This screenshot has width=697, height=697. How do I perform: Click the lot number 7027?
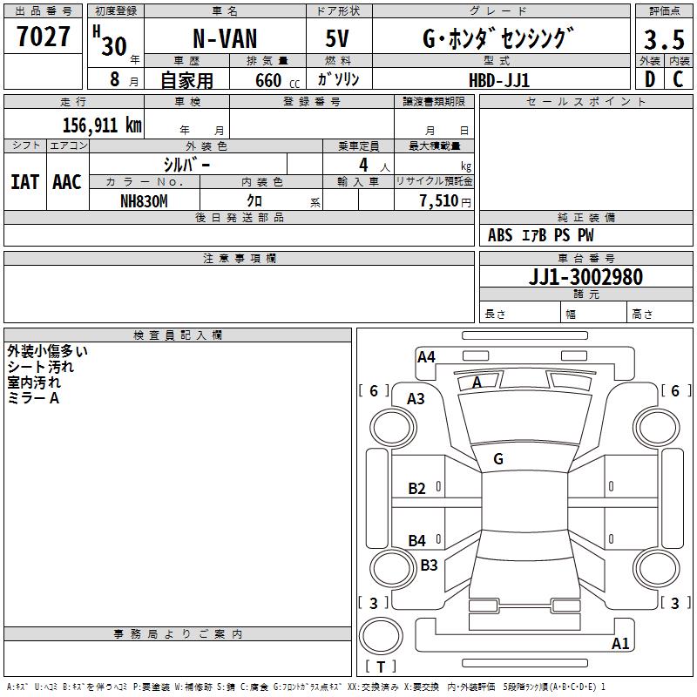pos(44,37)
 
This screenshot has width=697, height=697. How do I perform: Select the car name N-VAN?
pos(225,38)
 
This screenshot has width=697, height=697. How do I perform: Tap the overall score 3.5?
pos(664,39)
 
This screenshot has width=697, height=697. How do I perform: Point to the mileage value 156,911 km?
pos(102,125)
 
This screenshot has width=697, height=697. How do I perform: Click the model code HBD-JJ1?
pos(499,80)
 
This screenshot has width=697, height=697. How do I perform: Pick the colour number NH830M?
pos(144,201)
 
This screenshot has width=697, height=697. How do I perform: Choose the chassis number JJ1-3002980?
pos(585,277)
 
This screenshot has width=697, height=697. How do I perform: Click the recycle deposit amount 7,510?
pos(439,201)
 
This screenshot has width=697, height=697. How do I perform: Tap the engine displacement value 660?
pos(268,80)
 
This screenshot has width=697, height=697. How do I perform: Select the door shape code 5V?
pos(337,38)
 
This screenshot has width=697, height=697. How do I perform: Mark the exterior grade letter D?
pos(650,79)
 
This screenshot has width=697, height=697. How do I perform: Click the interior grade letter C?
pos(678,79)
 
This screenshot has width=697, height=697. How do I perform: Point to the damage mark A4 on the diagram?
pos(426,356)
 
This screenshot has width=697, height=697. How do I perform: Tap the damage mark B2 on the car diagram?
pos(417,489)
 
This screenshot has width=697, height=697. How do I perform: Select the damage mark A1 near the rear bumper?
pos(620,643)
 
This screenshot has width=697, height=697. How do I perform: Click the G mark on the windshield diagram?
pos(498,459)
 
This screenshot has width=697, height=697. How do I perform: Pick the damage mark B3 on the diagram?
pos(429,565)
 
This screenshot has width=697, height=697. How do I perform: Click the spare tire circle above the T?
pos(381,636)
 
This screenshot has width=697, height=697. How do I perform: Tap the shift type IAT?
pos(25,182)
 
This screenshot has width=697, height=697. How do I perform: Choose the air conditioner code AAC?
pos(67,182)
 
